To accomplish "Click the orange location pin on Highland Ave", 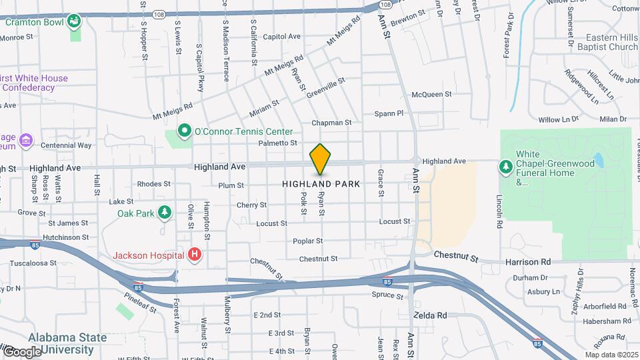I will click(320, 159).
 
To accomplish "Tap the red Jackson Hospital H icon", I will click(195, 254).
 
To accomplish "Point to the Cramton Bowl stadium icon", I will click(75, 21).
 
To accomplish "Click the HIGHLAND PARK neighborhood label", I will click(321, 183).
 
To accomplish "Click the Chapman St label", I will click(331, 123).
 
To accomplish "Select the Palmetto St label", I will click(277, 143).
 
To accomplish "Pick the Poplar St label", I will click(307, 241).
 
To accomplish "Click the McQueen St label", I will click(432, 95).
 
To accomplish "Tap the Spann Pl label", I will click(389, 113).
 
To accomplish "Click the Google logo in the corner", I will click(21, 351).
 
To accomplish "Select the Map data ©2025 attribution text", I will click(611, 355).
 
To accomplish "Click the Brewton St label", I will click(408, 15).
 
